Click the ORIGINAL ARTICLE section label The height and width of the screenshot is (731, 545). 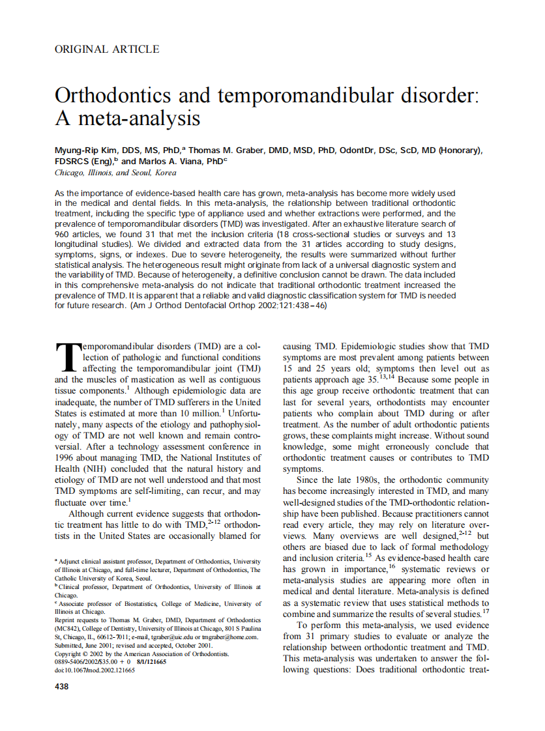[106, 49]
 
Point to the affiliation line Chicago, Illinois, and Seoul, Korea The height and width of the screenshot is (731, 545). [115, 173]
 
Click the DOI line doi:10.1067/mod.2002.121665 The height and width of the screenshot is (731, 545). [95, 669]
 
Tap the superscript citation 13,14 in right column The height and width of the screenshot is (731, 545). [387, 377]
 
